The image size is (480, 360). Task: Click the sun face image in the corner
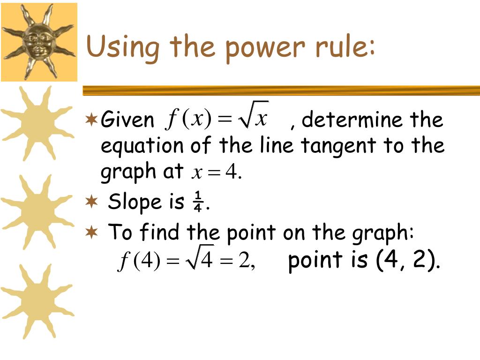[x=39, y=41]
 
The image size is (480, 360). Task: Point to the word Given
[x=127, y=120]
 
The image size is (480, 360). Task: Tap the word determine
[x=352, y=120]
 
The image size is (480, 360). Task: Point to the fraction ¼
[x=198, y=202]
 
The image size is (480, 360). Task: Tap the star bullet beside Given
[x=91, y=120]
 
